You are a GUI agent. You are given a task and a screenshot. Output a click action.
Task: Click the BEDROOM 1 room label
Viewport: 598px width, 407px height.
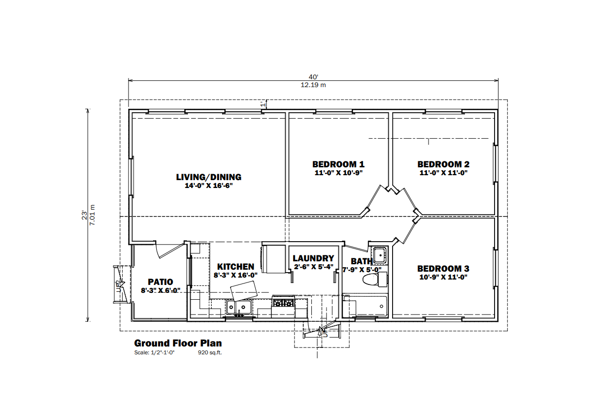338,164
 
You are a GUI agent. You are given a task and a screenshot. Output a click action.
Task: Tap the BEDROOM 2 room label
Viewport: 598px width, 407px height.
443,164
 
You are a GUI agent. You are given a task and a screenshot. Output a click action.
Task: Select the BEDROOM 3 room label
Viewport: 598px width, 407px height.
443,268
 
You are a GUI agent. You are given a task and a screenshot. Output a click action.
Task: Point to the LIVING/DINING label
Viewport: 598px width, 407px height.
208,177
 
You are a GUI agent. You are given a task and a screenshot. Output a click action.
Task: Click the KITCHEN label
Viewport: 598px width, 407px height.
235,267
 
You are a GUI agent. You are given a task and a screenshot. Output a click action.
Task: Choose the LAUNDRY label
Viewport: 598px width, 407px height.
313,258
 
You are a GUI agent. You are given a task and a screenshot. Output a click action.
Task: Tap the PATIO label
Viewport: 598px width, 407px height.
161,282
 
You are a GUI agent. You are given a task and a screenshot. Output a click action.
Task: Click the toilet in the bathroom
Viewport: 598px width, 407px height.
375,280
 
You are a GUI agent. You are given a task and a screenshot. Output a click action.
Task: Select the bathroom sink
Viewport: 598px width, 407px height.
379,255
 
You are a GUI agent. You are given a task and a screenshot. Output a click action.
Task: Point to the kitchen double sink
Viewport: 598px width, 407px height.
239,307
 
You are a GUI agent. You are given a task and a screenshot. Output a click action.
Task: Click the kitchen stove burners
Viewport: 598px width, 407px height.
283,303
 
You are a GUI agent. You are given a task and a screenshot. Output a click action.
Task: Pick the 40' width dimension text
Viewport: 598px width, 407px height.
313,77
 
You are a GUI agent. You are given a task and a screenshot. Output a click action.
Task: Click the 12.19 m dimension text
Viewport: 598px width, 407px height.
313,85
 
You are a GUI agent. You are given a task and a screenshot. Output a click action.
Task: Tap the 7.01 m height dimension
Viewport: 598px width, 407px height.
92,215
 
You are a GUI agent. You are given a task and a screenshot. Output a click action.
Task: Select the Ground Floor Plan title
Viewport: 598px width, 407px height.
178,343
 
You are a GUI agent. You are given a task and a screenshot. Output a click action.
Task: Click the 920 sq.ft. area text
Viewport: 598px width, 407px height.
210,352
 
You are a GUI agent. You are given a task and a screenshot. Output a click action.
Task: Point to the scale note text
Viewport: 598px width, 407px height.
154,352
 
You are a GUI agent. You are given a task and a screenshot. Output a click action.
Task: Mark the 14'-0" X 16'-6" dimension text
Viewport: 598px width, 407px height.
209,186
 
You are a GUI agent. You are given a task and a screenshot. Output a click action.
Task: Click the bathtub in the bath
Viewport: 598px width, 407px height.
365,306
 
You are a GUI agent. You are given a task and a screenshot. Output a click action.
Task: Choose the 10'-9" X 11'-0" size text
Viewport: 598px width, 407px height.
443,277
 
